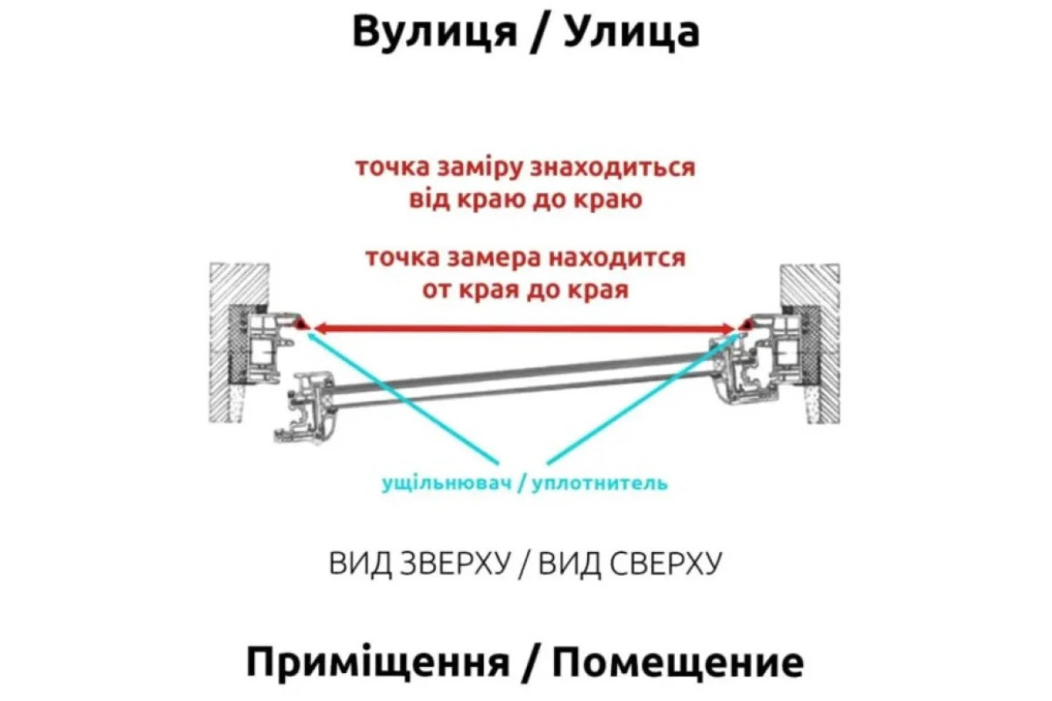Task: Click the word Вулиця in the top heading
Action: tap(435, 33)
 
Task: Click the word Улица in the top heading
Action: tap(631, 33)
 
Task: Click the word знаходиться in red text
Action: tap(613, 168)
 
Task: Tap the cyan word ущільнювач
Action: tap(446, 483)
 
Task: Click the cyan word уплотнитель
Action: tap(600, 483)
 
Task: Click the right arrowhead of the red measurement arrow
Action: tap(729, 329)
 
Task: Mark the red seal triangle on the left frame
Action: tap(301, 323)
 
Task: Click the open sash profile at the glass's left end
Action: tap(305, 407)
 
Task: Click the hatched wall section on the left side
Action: tap(238, 343)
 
